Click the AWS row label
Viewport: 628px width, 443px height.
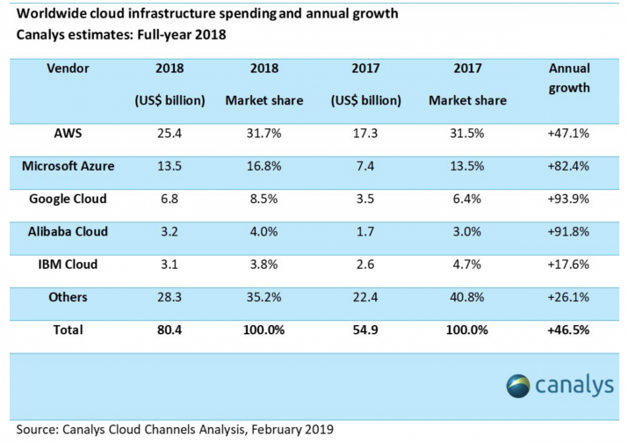(x=67, y=133)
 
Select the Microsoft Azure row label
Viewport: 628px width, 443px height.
(x=67, y=165)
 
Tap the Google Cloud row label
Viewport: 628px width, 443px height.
(x=67, y=199)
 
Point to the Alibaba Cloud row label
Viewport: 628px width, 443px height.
(x=67, y=231)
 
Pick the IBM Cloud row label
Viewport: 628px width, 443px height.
(x=67, y=265)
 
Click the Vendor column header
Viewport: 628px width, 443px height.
(x=67, y=67)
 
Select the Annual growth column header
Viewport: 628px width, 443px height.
(x=568, y=77)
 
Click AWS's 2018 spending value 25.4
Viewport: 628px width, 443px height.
(x=169, y=133)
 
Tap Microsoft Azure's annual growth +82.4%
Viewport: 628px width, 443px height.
(x=568, y=165)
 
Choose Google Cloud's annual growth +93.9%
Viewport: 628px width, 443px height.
(x=568, y=199)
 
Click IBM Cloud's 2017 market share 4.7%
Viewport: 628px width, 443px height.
(x=467, y=265)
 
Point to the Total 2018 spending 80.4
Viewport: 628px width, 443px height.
(x=169, y=330)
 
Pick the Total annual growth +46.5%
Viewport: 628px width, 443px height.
(x=568, y=330)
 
